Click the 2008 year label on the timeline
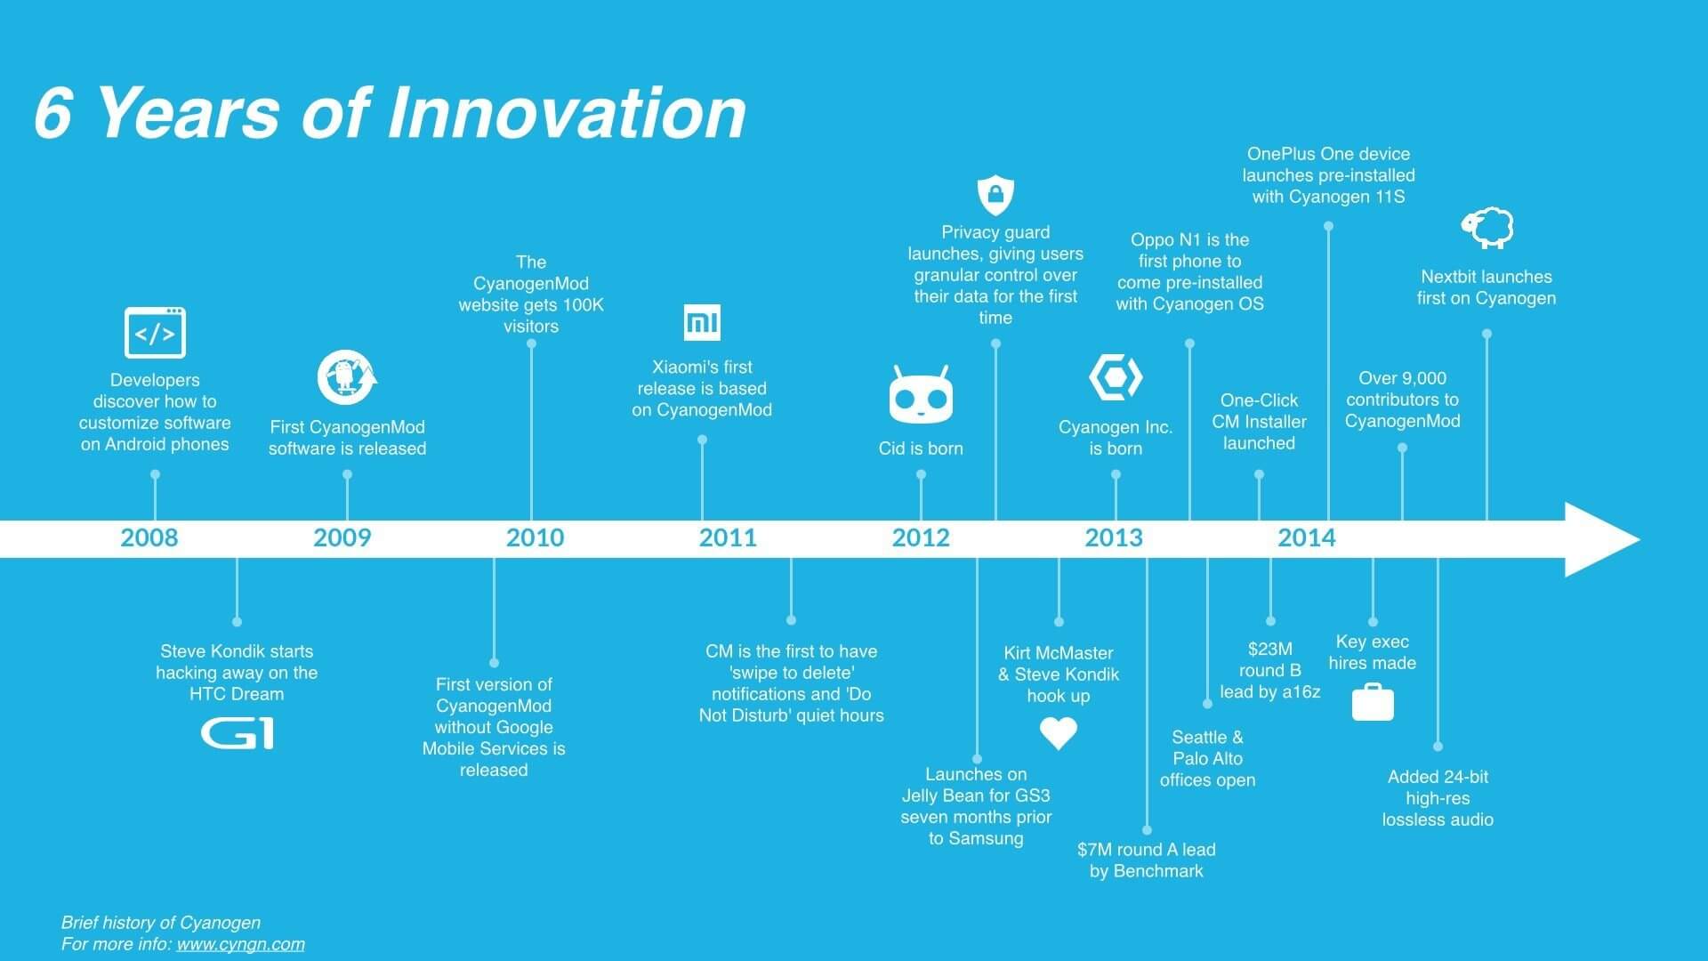(149, 537)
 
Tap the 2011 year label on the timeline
(728, 537)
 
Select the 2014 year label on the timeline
(1307, 537)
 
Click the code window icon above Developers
(155, 333)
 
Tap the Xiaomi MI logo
(702, 322)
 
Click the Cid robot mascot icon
(921, 394)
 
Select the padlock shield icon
(995, 195)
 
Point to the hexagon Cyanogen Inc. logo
(1116, 377)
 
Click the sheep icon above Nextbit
(1487, 228)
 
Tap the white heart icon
(1059, 733)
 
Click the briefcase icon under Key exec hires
(1373, 702)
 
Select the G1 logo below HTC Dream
(237, 734)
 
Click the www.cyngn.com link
(240, 944)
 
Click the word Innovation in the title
(567, 114)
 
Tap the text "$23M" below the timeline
(1269, 649)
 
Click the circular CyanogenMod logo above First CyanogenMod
(347, 377)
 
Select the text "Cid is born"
(921, 448)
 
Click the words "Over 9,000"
(1403, 378)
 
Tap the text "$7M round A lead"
(1147, 850)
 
